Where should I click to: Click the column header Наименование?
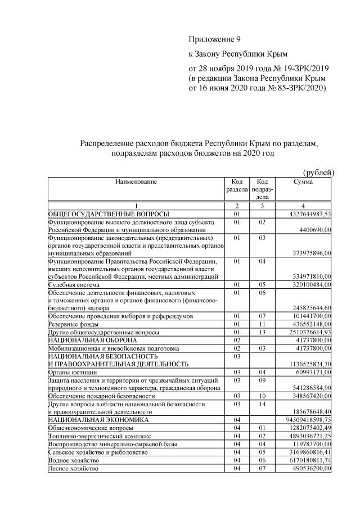136,182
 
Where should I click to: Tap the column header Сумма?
303,182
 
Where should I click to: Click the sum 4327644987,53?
306,214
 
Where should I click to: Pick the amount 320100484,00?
309,285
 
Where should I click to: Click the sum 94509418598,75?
304,420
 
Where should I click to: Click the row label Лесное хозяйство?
73,468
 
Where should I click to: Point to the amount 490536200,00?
309,468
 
